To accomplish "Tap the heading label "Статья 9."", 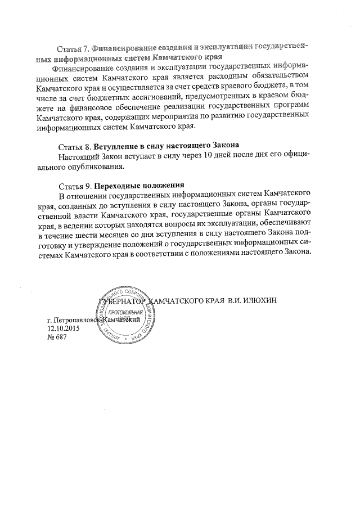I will coord(74,186).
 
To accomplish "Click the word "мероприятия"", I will coord(181,118).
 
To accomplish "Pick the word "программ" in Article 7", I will coord(289,108).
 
